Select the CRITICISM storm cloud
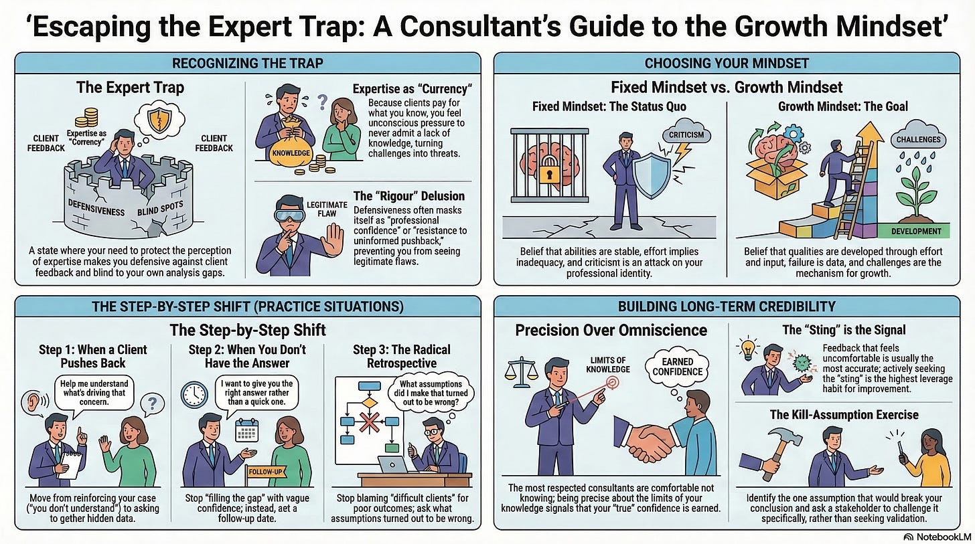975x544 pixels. tap(686, 134)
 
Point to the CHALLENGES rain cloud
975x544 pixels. tap(918, 139)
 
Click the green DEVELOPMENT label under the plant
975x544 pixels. tap(915, 232)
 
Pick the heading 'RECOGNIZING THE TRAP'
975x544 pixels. tap(248, 64)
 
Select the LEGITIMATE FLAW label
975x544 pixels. tap(327, 209)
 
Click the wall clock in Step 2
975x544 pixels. tap(194, 395)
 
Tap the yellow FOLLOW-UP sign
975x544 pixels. tap(265, 472)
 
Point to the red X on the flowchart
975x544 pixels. tap(370, 422)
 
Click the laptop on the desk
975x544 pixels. tap(392, 465)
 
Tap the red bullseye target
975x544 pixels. tap(612, 382)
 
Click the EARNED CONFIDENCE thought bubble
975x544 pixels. tap(677, 367)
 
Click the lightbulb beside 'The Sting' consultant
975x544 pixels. tap(748, 349)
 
